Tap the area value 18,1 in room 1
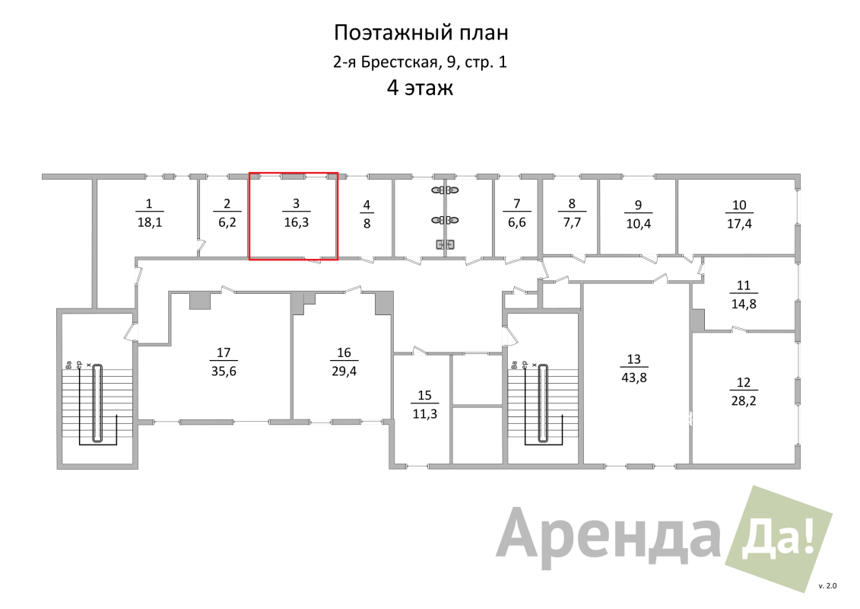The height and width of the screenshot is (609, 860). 150,222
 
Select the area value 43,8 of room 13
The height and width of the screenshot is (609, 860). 634,378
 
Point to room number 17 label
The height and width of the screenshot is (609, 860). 224,352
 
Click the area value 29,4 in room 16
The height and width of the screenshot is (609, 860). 344,371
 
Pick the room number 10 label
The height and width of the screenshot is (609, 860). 739,206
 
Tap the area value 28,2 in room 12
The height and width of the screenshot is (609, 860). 744,401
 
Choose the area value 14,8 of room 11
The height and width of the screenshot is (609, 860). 744,304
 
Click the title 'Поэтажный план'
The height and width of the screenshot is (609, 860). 421,33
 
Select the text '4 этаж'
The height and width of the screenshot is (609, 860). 420,88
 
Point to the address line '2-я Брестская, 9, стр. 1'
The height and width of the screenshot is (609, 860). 420,62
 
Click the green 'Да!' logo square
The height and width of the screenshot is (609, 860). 779,539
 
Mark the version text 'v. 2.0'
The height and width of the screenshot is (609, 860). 827,586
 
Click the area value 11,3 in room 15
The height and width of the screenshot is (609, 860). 424,414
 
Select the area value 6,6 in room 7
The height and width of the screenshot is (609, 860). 517,222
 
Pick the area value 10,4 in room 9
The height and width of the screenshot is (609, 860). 639,224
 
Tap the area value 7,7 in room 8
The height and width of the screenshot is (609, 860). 572,222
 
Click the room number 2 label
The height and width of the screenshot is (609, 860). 227,204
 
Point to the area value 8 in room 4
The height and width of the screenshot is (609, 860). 367,224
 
